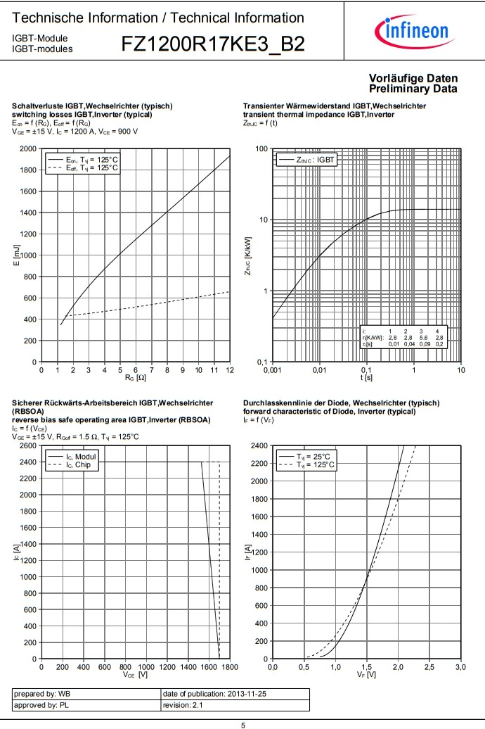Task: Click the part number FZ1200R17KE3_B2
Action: [x=213, y=44]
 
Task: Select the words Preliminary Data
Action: [x=413, y=89]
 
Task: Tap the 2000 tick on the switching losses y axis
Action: [x=28, y=148]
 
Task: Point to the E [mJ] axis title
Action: [x=17, y=255]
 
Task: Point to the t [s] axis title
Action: [x=367, y=378]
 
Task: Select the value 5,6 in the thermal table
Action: [x=421, y=338]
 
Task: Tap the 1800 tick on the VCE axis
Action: [x=230, y=666]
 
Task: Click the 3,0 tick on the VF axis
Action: [x=460, y=666]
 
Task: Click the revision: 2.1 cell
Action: [x=235, y=705]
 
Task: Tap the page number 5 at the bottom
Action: [x=242, y=724]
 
